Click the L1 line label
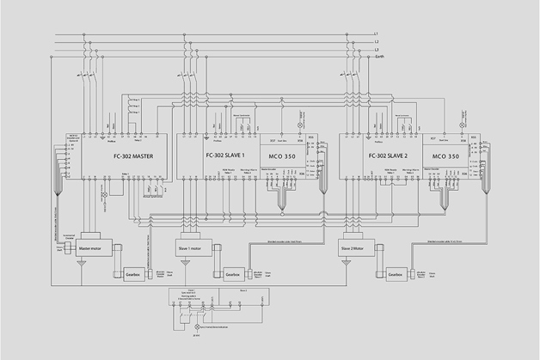(377, 34)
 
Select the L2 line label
(377, 43)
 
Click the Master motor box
(98, 247)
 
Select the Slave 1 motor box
(194, 247)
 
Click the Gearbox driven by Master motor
(132, 274)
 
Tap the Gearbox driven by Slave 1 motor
(233, 274)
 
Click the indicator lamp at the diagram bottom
(195, 328)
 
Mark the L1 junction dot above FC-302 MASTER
(85, 34)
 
